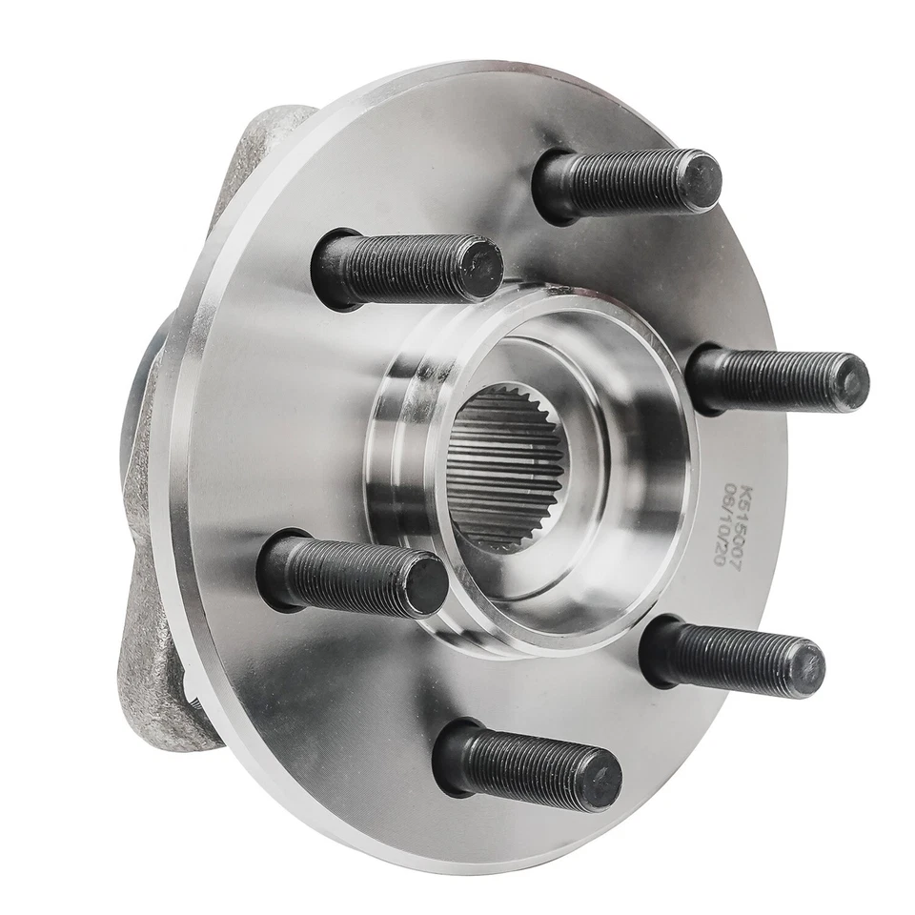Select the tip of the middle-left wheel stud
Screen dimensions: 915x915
tap(425, 581)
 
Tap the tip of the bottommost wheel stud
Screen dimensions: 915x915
tap(600, 780)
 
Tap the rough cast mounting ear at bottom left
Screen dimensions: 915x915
tap(162, 686)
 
